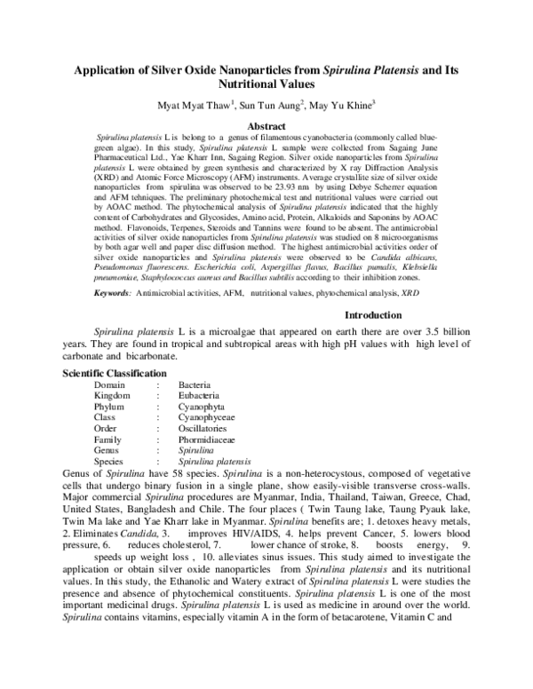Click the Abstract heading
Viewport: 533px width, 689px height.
pos(266,127)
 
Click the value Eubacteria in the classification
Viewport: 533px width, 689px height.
pos(200,396)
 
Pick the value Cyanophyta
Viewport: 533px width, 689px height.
pos(202,407)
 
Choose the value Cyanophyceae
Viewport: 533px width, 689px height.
pos(207,417)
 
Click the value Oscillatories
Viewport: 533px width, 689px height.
pos(203,428)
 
